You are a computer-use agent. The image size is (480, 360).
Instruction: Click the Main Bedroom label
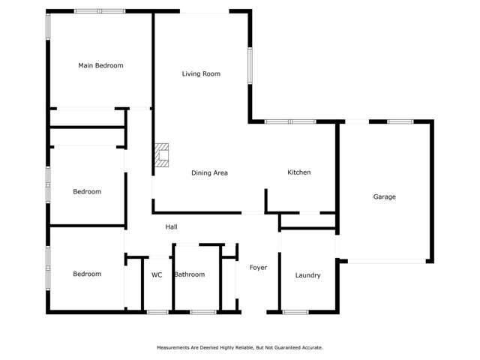pos(100,66)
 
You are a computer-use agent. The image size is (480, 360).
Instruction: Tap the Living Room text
pos(201,74)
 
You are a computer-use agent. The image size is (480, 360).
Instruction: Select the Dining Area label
pos(209,173)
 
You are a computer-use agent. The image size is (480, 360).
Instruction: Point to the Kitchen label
pos(299,172)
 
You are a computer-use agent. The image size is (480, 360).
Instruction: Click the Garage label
pos(384,197)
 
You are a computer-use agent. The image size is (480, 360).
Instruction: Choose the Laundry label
pos(307,275)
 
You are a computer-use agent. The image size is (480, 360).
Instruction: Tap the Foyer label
pos(258,268)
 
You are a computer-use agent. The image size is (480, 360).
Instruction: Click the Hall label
pos(171,227)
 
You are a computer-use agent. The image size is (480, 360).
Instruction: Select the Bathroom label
pos(189,275)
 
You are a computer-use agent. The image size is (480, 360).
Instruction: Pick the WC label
pos(157,275)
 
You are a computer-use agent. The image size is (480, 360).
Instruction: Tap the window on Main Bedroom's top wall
pos(99,11)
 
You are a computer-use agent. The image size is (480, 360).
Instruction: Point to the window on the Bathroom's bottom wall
pos(202,312)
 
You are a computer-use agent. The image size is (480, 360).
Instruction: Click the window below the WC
pos(157,312)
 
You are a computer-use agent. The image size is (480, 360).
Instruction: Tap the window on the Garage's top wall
pos(400,121)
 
